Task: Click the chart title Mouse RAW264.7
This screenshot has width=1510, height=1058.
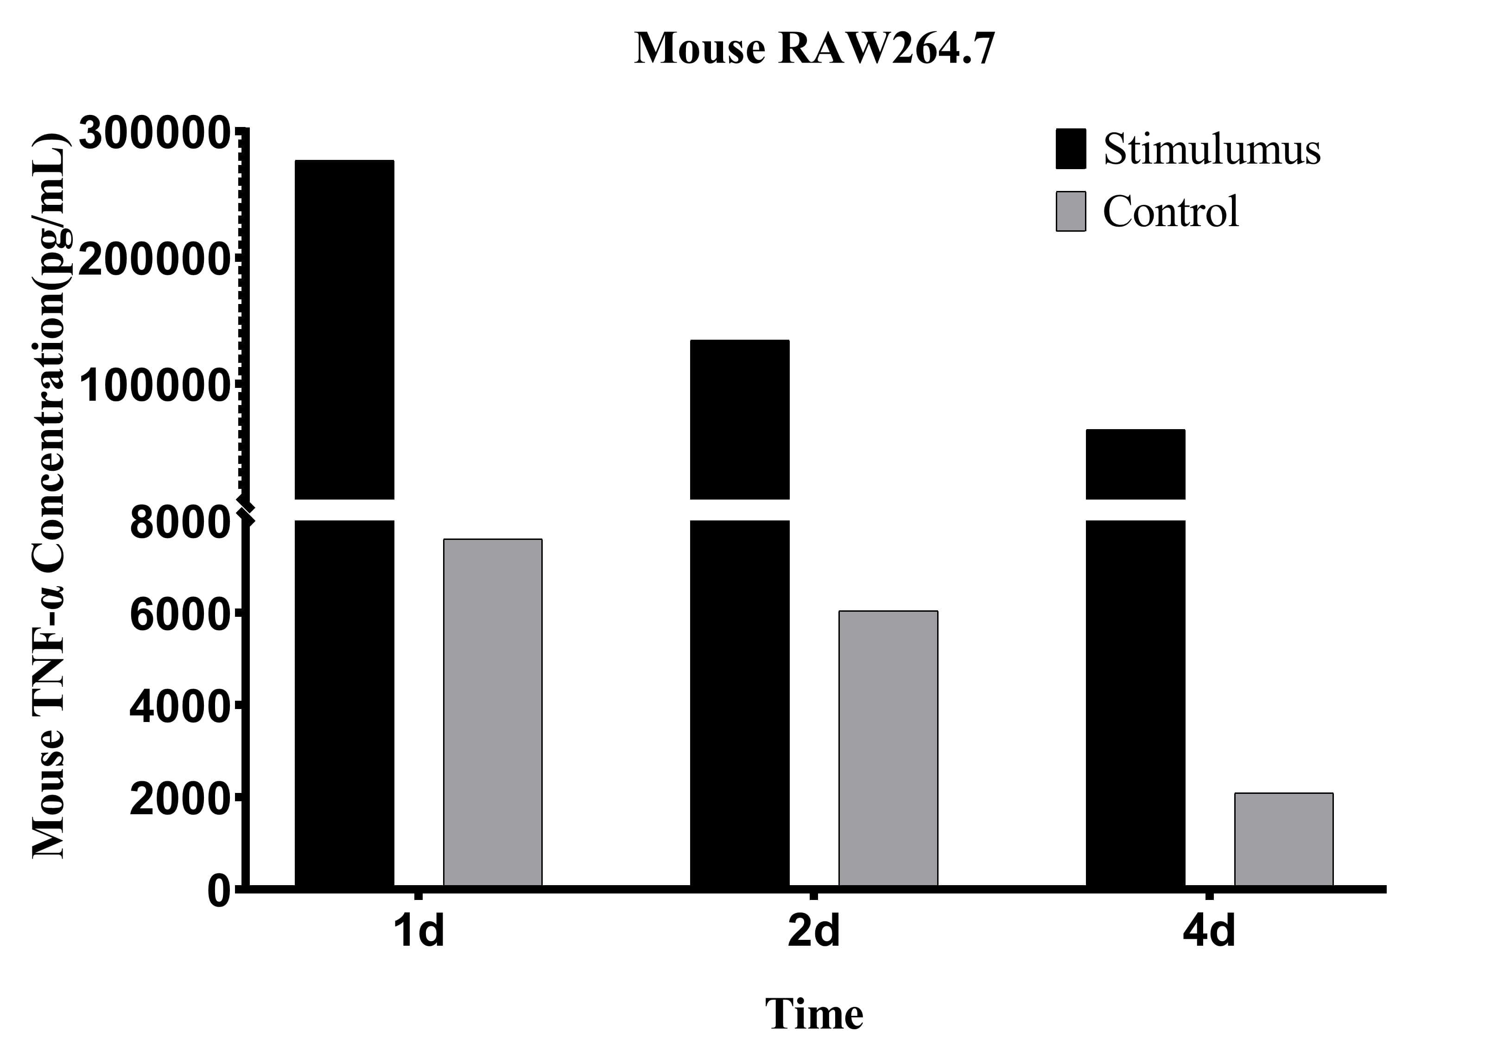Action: [x=814, y=49]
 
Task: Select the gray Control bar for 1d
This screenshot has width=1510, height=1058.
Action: [x=493, y=712]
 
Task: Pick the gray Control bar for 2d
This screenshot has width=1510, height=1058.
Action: [x=888, y=748]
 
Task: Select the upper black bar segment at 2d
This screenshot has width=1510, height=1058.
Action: [x=739, y=419]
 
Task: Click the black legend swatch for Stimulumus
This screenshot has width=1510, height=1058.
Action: [x=1071, y=149]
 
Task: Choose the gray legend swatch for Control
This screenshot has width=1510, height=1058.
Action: [x=1071, y=211]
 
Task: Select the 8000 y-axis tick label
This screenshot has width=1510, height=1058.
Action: [x=179, y=524]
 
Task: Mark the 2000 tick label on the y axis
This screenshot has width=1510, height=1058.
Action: [x=179, y=799]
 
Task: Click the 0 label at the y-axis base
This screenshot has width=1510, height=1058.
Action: [x=220, y=892]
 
